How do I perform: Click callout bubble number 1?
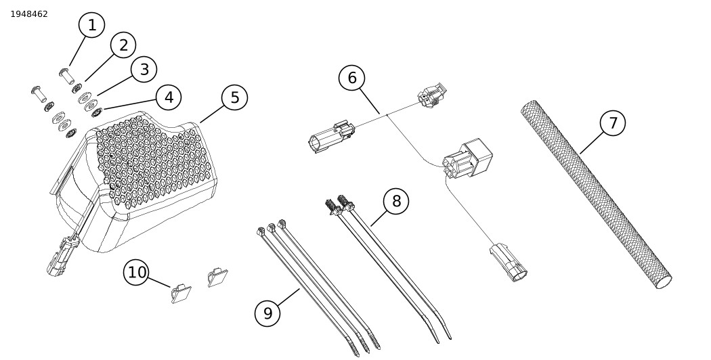click(92, 25)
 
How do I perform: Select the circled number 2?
click(123, 45)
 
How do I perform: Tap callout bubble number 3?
click(144, 69)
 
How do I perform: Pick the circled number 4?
click(169, 97)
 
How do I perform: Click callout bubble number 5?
click(234, 97)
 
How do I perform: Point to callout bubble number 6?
click(351, 78)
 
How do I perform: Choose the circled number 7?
click(613, 122)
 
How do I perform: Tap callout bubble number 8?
click(396, 201)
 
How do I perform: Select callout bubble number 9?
click(267, 313)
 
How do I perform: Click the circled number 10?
click(137, 272)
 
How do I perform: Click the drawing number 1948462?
click(29, 14)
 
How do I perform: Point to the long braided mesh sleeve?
click(596, 195)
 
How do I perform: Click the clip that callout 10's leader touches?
click(181, 294)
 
